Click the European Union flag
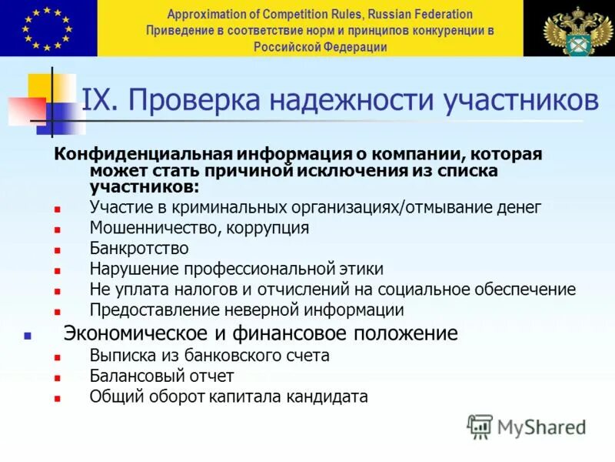tap(48, 28)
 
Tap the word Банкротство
tap(139, 249)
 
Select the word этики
tap(362, 269)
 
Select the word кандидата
tap(327, 397)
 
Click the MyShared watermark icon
tap(480, 426)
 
